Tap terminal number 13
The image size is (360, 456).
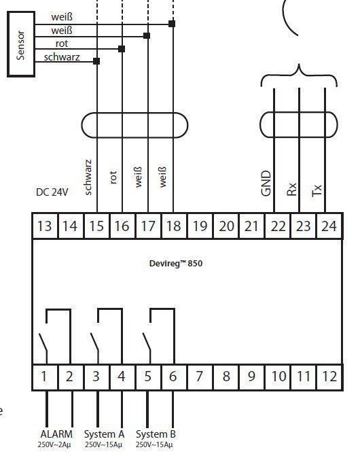[45, 226]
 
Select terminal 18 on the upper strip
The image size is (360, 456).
[173, 226]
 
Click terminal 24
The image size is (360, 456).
[329, 226]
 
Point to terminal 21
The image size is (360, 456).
[251, 226]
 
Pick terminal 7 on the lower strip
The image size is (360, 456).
[199, 376]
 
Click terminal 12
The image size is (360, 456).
[329, 376]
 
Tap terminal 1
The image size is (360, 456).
[44, 376]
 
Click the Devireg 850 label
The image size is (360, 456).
[176, 263]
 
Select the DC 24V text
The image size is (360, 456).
[52, 192]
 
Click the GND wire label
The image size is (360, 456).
[266, 183]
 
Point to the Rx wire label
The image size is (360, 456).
[291, 189]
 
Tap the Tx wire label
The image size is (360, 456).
[317, 190]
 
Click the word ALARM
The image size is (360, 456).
[56, 434]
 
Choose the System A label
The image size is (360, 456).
[104, 434]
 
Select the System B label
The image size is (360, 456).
[156, 434]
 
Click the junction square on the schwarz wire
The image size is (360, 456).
[96, 61]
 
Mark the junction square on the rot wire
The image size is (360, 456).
[122, 49]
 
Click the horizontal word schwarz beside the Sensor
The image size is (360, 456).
[62, 57]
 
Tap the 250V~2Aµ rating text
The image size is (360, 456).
[54, 445]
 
